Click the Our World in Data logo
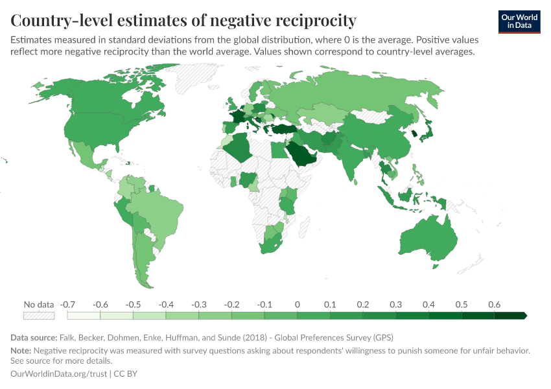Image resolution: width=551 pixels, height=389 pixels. pyautogui.click(x=519, y=21)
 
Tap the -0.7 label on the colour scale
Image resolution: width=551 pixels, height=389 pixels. pyautogui.click(x=67, y=304)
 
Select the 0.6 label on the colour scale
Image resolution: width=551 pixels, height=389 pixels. pyautogui.click(x=494, y=304)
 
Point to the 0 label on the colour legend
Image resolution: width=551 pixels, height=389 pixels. pyautogui.click(x=297, y=304)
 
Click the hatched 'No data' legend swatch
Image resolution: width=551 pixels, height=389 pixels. pyautogui.click(x=38, y=316)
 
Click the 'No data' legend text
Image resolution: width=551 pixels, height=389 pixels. pyautogui.click(x=38, y=304)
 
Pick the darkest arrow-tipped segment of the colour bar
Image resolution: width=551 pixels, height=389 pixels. pyautogui.click(x=511, y=316)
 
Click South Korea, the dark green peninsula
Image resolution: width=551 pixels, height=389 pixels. pyautogui.click(x=414, y=134)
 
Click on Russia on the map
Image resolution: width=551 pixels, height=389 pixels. pyautogui.click(x=363, y=97)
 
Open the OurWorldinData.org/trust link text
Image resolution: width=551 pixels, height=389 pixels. pyautogui.click(x=60, y=374)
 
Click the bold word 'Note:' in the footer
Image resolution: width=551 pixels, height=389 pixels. pyautogui.click(x=21, y=351)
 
